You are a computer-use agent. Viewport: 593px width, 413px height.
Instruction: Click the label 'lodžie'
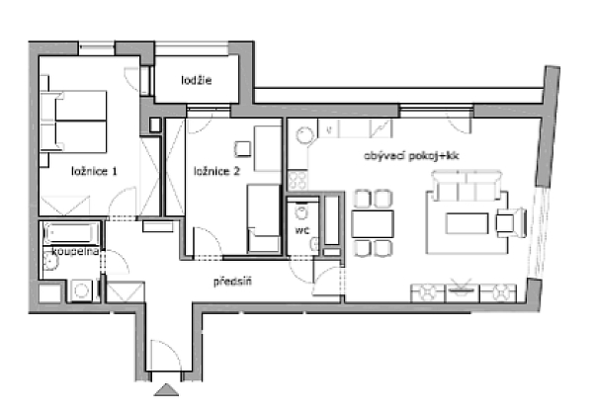tap(197, 80)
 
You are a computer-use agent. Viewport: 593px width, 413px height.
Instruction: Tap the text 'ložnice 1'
tap(94, 171)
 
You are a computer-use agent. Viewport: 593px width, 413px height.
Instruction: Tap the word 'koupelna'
tap(60, 252)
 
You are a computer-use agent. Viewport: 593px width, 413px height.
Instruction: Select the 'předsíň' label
tap(233, 282)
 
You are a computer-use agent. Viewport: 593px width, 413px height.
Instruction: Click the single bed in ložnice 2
tap(264, 214)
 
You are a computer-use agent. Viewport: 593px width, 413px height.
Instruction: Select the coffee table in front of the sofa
tap(467, 222)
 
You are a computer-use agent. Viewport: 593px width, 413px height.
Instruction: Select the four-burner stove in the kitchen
tap(296, 179)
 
